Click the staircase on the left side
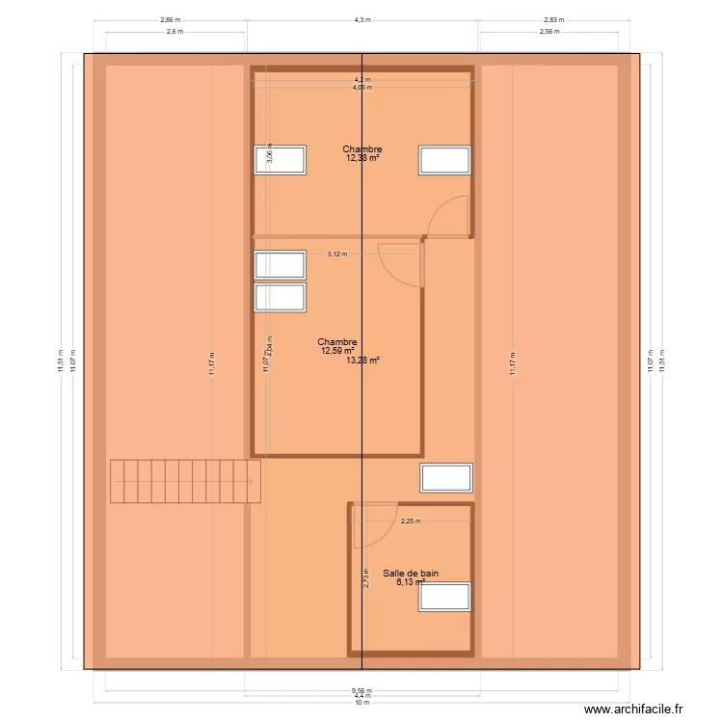[x=185, y=481]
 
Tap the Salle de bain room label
[x=410, y=573]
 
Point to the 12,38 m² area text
[x=362, y=158]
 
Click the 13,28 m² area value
[x=362, y=361]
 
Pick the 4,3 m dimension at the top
[x=362, y=18]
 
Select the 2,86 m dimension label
[x=170, y=18]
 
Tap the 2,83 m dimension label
[x=554, y=18]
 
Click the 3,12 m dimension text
[x=336, y=254]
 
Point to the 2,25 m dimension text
[x=411, y=522]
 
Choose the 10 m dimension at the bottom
[x=361, y=703]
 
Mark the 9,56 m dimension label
[x=361, y=689]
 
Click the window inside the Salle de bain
[x=444, y=597]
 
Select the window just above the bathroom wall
[x=446, y=477]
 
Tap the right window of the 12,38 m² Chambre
[x=444, y=160]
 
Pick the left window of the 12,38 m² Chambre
[x=281, y=160]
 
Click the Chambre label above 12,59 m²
[x=337, y=342]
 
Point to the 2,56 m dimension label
[x=549, y=32]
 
